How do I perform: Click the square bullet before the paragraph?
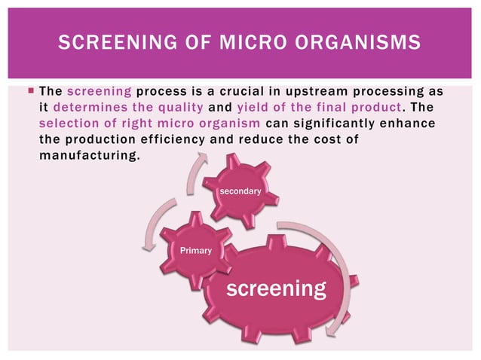(x=29, y=91)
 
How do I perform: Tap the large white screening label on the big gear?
(x=277, y=288)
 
